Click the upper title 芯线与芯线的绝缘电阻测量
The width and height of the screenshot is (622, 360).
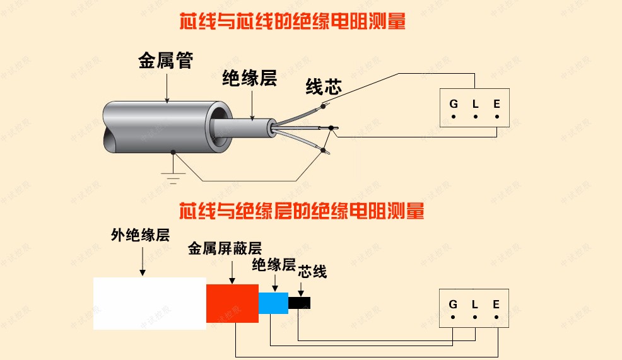click(x=292, y=21)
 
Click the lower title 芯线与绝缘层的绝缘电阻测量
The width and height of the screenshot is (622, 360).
click(x=302, y=210)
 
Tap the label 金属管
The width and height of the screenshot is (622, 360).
click(x=165, y=61)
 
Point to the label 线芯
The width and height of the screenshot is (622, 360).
click(x=324, y=87)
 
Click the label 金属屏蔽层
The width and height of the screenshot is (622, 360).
click(x=225, y=248)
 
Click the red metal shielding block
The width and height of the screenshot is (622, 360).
click(x=232, y=303)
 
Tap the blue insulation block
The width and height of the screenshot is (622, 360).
click(x=273, y=303)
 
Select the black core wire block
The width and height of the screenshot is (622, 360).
click(x=299, y=303)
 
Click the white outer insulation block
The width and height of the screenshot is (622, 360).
click(x=150, y=303)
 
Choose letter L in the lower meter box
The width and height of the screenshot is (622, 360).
click(x=474, y=305)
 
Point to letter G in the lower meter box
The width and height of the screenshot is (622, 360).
click(x=453, y=305)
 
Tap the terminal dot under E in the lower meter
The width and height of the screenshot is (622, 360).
click(x=496, y=317)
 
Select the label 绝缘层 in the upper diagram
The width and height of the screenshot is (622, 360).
click(x=249, y=78)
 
